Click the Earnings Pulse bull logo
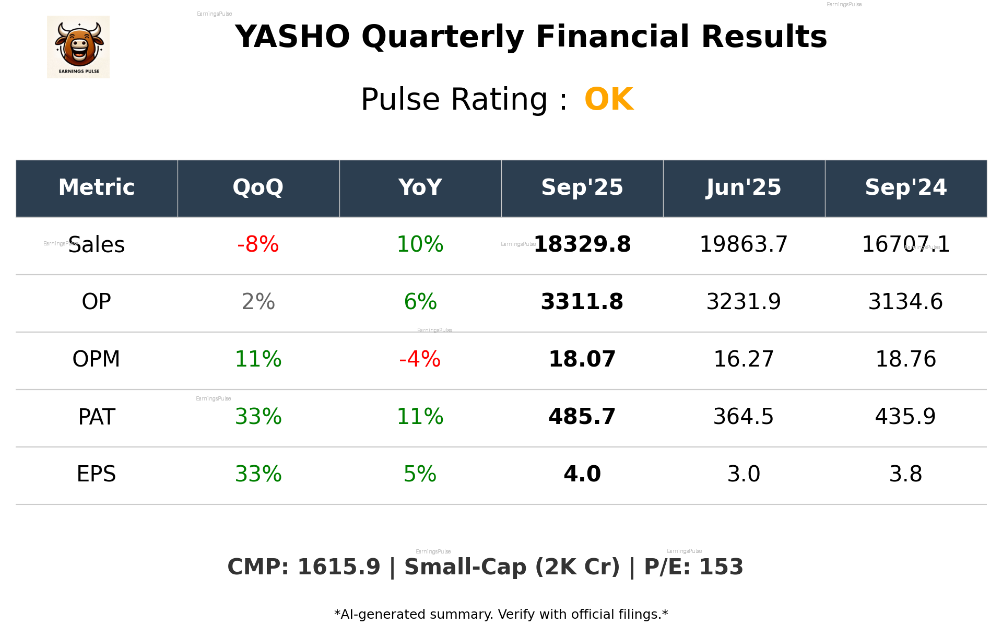78,47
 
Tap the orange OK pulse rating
609,99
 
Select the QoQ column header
258,187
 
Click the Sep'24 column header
905,187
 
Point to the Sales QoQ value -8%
258,244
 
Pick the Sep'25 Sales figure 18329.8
582,244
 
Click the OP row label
97,302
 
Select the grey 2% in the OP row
258,302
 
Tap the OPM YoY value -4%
420,359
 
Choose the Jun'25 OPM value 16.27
744,359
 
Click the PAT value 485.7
582,417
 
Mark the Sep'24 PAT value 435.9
905,417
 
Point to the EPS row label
97,474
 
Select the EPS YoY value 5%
420,474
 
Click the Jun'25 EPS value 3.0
744,474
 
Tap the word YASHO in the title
292,37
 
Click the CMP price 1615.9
339,567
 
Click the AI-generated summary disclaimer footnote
501,615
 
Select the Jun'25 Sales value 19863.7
744,244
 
